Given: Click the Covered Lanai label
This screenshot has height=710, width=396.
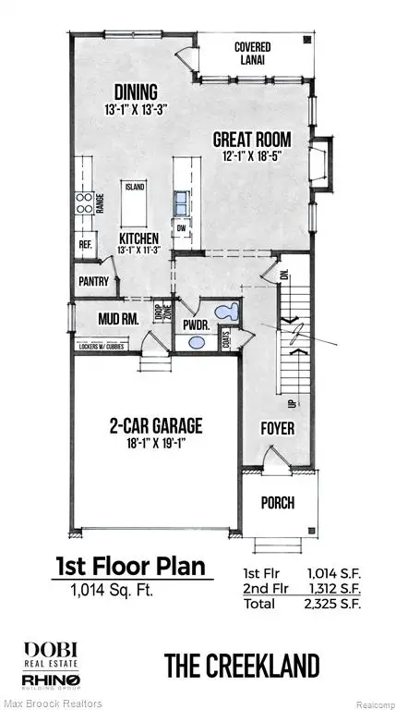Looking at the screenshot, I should (x=251, y=53).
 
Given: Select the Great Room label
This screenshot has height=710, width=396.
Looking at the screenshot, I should (x=252, y=140).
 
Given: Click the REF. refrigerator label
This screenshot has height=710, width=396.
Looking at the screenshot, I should (x=86, y=245).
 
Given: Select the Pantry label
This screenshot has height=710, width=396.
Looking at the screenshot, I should (x=94, y=282).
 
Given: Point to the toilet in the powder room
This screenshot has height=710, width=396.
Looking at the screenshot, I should (x=224, y=312).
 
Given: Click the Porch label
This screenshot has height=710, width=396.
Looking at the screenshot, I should (x=278, y=503).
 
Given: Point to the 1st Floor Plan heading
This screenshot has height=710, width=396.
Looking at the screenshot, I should (x=138, y=565).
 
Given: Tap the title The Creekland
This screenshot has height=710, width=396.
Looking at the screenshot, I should (x=243, y=665).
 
